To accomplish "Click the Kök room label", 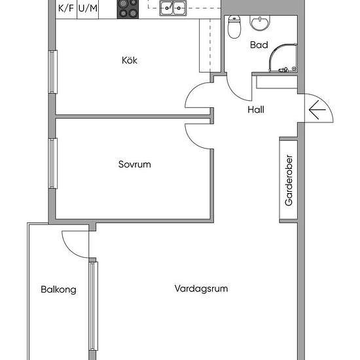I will pyautogui.click(x=130, y=61).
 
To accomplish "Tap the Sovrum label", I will pyautogui.click(x=134, y=164).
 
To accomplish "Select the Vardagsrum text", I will pyautogui.click(x=201, y=288).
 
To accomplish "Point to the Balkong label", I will pyautogui.click(x=58, y=289).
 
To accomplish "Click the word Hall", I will pyautogui.click(x=256, y=110).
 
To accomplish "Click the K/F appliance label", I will pyautogui.click(x=66, y=9).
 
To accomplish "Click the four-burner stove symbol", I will pyautogui.click(x=128, y=9).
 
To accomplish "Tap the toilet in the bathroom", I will pyautogui.click(x=234, y=28).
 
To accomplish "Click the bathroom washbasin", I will pyautogui.click(x=259, y=24).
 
